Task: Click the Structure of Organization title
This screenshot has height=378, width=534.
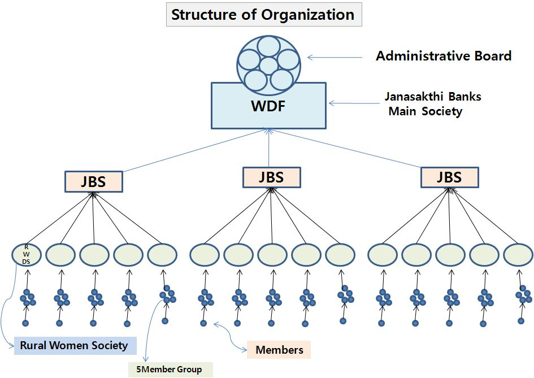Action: click(263, 15)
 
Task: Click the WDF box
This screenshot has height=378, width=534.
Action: click(268, 106)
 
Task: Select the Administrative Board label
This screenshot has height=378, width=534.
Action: click(444, 56)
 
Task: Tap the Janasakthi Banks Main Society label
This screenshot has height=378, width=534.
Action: click(433, 104)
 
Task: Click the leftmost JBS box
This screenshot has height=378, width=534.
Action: click(93, 181)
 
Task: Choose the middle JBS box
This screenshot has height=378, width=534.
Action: click(271, 177)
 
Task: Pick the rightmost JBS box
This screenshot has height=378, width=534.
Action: click(449, 177)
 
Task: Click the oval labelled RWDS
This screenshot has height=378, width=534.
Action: click(26, 255)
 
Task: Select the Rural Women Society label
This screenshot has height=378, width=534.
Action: click(74, 345)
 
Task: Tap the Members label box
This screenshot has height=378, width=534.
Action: click(279, 350)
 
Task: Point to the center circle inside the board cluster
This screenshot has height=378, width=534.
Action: click(267, 66)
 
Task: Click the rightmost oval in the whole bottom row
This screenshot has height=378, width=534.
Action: click(518, 255)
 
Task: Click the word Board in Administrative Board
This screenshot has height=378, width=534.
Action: click(491, 56)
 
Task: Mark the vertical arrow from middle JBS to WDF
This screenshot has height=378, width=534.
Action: click(269, 148)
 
